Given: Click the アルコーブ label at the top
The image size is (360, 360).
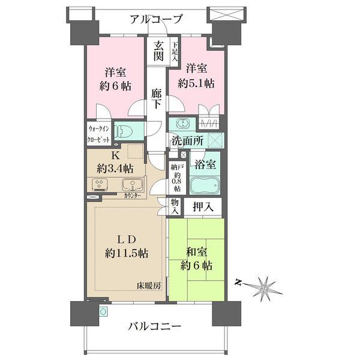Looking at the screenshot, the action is click(x=156, y=19).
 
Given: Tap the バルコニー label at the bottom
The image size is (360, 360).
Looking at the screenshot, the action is click(x=155, y=326).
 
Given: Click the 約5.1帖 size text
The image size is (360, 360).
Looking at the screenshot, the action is click(x=196, y=83).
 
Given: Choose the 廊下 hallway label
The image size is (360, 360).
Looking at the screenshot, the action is click(x=157, y=99).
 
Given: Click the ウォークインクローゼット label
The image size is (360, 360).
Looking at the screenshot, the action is click(x=98, y=134).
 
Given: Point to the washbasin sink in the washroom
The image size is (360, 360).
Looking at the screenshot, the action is click(x=183, y=123).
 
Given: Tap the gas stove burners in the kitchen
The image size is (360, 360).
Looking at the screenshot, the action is click(x=100, y=184).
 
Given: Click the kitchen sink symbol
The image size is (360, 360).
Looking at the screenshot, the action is click(x=133, y=185).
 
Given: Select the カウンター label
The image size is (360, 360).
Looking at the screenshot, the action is click(x=132, y=196).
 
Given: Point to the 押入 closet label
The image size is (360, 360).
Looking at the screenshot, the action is click(x=203, y=207).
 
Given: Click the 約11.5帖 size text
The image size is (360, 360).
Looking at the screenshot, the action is click(x=127, y=253).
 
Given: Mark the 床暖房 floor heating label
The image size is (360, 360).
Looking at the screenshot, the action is click(x=149, y=286).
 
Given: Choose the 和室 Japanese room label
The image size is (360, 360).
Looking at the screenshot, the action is click(x=197, y=252).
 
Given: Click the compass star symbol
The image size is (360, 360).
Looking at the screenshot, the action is click(x=265, y=288).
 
